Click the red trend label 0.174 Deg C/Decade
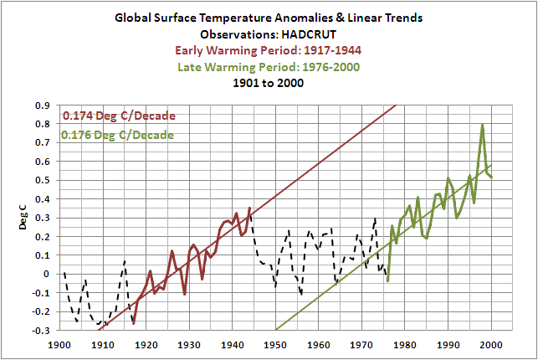point(119,116)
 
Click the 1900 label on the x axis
point(59,344)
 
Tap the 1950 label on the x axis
point(275,344)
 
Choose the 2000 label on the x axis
point(491,344)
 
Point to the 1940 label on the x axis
point(232,344)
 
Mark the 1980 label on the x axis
point(405,344)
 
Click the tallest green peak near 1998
point(483,126)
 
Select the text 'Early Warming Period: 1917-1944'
point(269,50)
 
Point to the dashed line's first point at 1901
point(64,274)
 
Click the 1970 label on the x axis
point(361,344)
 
